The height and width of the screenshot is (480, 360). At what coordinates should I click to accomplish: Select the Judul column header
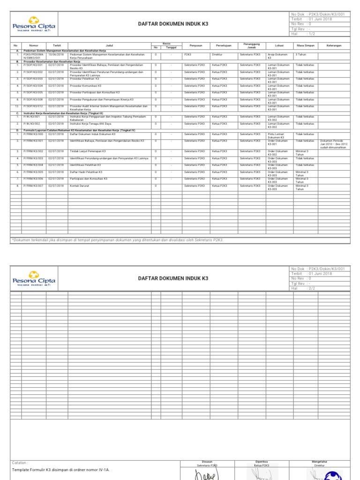point(109,45)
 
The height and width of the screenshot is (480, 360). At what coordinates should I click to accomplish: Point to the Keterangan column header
point(334,45)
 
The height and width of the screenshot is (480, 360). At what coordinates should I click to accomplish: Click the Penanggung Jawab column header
point(248,45)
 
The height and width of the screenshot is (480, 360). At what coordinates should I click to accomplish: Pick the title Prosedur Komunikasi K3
point(85,86)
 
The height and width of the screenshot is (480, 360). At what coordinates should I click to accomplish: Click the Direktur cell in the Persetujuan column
point(217,54)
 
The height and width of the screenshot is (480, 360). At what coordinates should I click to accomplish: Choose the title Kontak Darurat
point(79,186)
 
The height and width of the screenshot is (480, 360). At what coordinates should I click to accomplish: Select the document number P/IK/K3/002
point(33,123)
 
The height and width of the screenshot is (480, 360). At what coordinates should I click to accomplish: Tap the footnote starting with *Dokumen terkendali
point(117,240)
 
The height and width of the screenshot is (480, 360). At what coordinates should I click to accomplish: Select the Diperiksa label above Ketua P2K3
point(262,461)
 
